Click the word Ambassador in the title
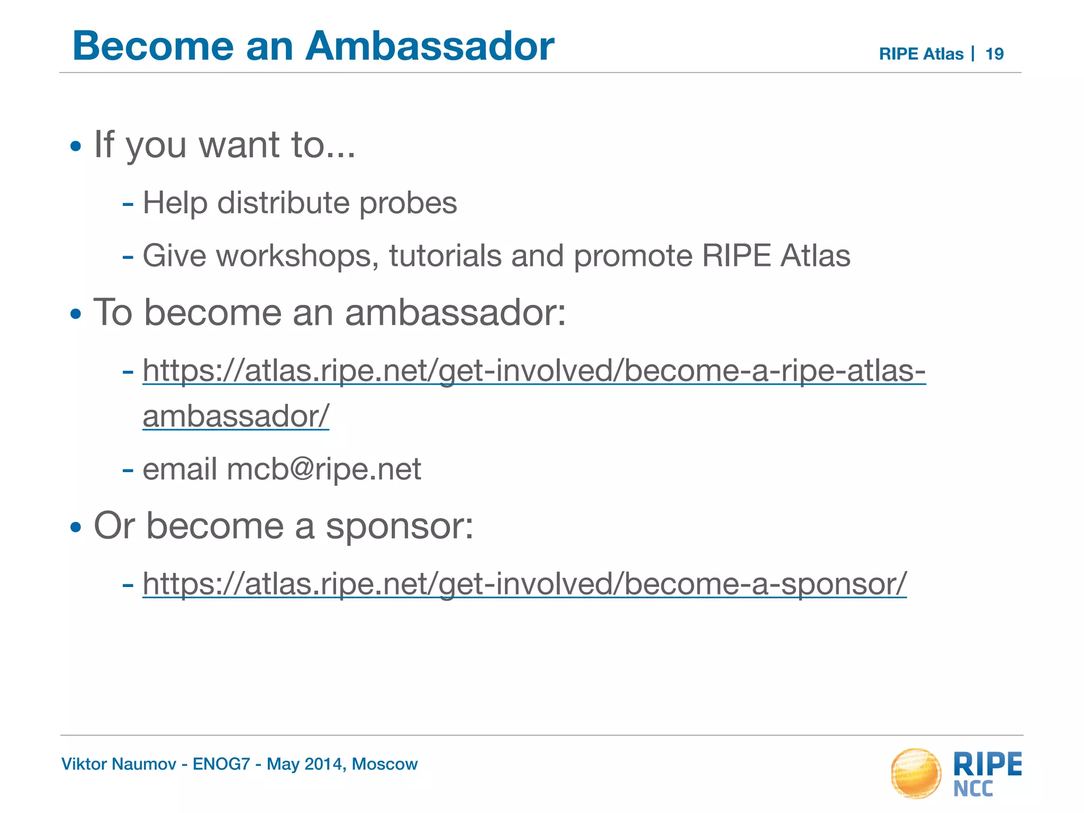coord(429,46)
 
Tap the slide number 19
coord(995,54)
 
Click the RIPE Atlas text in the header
coord(921,54)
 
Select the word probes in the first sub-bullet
coord(408,204)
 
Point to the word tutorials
coord(445,256)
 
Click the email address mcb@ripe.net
coord(324,469)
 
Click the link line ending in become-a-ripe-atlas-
coord(534,370)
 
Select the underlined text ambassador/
coord(236,416)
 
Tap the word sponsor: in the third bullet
coord(399,526)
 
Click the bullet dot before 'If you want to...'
coord(76,146)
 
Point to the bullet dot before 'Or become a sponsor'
coord(76,528)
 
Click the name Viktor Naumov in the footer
coord(119,764)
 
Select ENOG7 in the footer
coord(221,764)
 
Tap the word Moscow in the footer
coord(385,764)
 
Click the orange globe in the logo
coord(916,773)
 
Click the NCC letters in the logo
coord(973,789)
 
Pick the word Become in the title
coord(153,46)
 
